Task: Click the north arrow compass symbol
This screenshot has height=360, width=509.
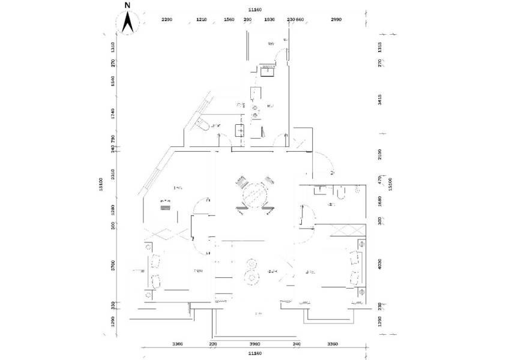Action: [127, 23]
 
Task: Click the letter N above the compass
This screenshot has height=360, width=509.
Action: [127, 5]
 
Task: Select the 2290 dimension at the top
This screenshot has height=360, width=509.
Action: [167, 20]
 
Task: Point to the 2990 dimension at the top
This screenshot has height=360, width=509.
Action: [336, 20]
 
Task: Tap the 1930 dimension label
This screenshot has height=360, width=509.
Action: [270, 20]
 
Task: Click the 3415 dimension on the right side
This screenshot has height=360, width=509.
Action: [379, 100]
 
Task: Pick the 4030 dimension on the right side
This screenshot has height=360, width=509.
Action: [379, 264]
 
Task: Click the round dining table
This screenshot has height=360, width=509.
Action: [254, 195]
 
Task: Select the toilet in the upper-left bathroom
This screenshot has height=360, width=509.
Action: [201, 124]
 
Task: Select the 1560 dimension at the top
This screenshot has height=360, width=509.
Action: [229, 20]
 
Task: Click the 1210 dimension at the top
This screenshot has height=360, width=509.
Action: [202, 20]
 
